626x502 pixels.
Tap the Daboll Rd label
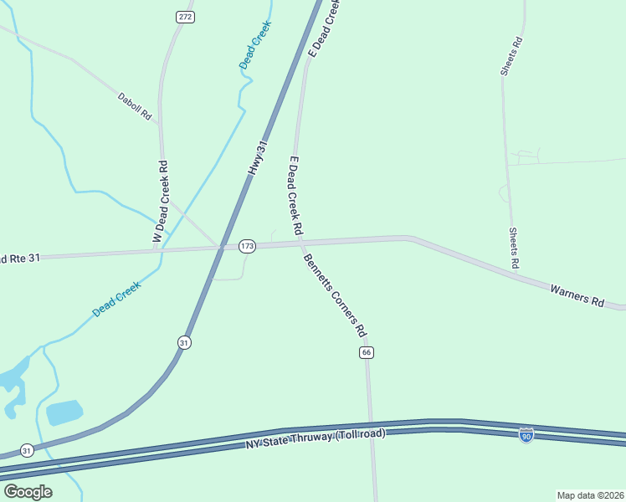pos(134,105)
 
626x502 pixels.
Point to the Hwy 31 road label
pos(258,157)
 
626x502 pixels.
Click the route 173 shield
pos(246,246)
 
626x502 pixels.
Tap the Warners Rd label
pos(577,295)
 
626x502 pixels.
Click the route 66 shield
pos(367,353)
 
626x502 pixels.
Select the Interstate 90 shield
pos(526,436)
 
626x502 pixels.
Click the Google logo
pos(28,491)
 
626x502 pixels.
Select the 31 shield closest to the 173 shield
pos(184,342)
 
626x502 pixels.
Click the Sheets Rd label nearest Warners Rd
pos(512,248)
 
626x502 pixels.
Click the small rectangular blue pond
pos(64,412)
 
